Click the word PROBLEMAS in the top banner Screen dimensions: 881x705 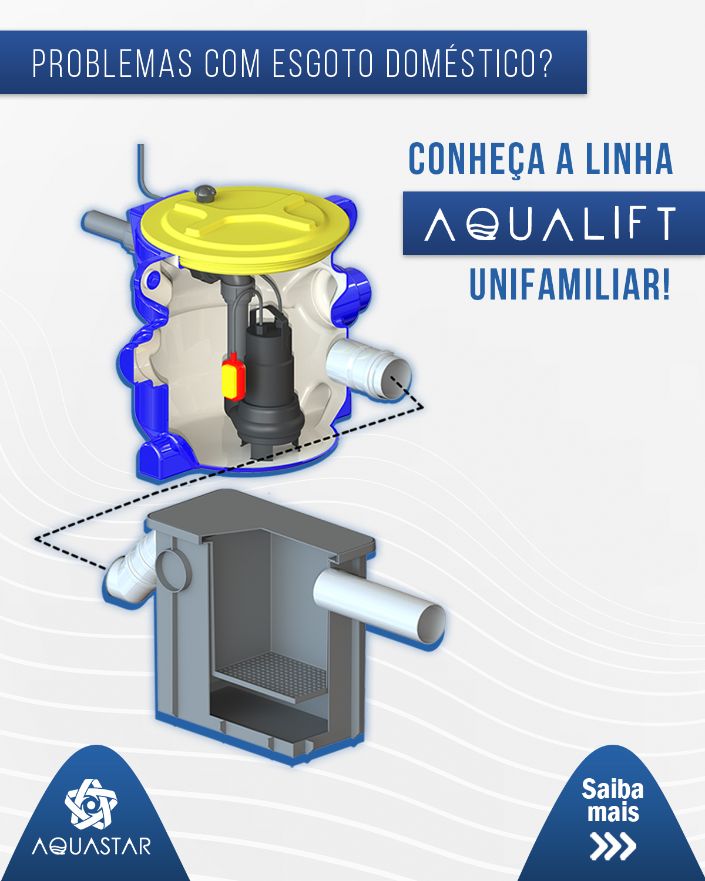click(x=112, y=63)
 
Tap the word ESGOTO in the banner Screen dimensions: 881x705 click(x=323, y=63)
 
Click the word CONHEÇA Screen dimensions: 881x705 click(x=476, y=159)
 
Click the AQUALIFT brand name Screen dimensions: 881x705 click(x=551, y=223)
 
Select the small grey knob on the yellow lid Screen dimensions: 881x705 click(x=204, y=192)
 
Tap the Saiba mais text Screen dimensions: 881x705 click(x=612, y=801)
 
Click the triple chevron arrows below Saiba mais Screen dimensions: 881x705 click(x=613, y=846)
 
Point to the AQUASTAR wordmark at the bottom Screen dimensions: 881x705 click(x=92, y=846)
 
